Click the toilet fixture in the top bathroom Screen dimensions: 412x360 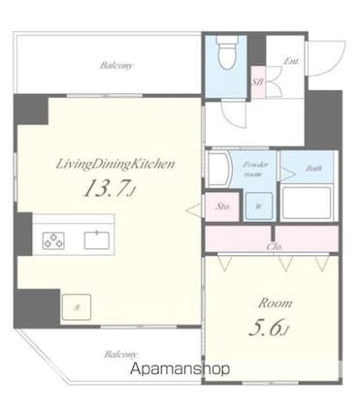pos(225,54)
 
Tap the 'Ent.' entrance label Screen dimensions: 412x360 pos(291,61)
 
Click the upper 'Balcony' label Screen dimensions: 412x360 pos(116,67)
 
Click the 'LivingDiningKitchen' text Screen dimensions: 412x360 pos(114,165)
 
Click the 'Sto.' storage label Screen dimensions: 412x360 pos(220,206)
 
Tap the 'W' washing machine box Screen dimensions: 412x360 pos(259,206)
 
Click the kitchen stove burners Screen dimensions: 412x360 pos(53,239)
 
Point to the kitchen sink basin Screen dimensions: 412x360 pos(98,239)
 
